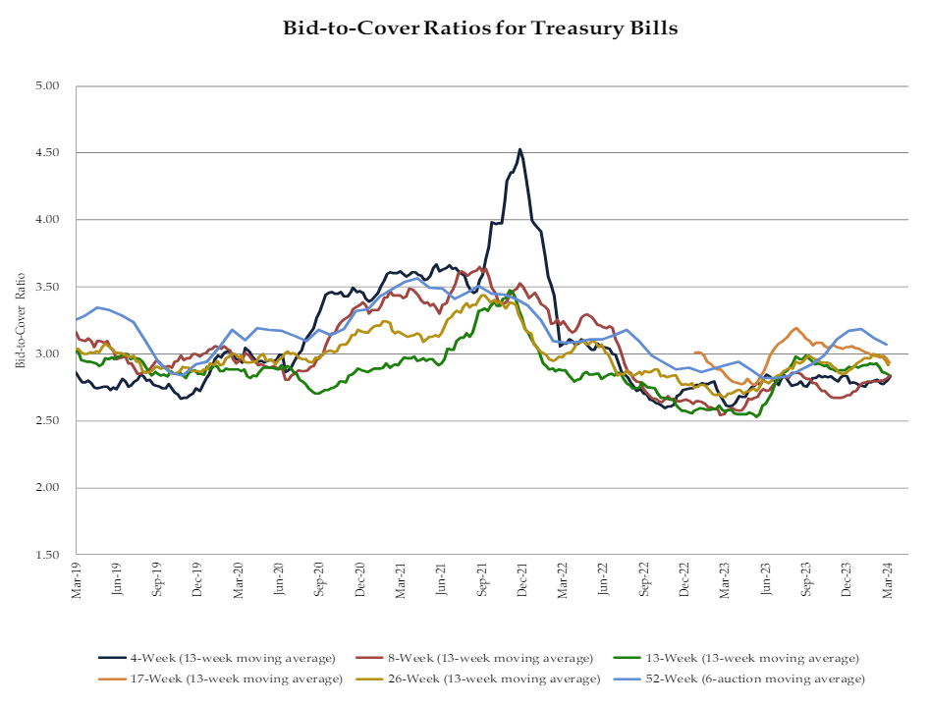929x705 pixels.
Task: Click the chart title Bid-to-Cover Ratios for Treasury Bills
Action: pos(480,27)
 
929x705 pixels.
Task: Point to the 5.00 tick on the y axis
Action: pos(48,86)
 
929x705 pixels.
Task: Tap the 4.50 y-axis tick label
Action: pos(48,153)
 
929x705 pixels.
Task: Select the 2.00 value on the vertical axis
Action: pos(48,488)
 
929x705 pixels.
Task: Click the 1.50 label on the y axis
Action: pos(48,555)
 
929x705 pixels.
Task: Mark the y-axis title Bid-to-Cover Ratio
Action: pos(21,320)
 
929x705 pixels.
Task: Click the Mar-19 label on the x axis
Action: pos(77,577)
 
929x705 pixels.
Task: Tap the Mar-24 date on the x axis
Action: pos(889,577)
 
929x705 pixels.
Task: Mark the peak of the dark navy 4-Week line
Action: pos(519,149)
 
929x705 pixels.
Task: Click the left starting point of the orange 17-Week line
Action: pos(694,352)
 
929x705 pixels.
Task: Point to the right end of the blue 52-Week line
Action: pos(887,344)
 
